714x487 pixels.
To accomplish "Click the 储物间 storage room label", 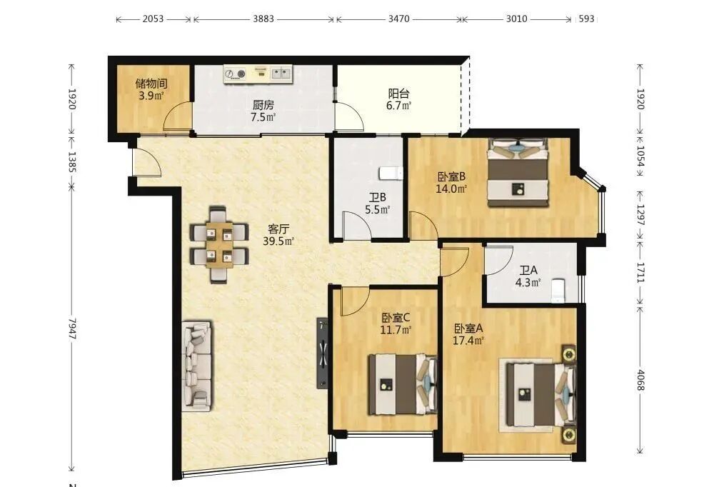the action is (x=151, y=84).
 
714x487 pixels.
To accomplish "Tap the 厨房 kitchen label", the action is (x=263, y=105).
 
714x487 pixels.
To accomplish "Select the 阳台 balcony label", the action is (x=399, y=94).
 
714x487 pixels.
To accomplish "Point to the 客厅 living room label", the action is (x=278, y=229).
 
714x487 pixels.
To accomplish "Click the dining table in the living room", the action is (x=219, y=244).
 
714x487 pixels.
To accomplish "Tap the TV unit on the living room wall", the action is (x=323, y=353).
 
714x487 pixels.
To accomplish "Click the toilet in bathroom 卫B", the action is (x=391, y=174).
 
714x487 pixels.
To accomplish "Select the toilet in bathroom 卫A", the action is (x=558, y=291).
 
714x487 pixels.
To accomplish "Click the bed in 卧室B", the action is (x=518, y=173).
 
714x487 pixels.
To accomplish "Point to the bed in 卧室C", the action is (x=403, y=384).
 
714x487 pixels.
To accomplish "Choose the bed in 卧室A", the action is (x=540, y=394).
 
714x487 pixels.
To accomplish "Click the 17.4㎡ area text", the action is (x=468, y=341).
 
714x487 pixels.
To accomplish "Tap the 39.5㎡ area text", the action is (x=278, y=241).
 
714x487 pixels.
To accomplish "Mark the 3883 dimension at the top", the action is (x=263, y=19).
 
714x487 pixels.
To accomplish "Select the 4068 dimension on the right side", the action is (x=640, y=380).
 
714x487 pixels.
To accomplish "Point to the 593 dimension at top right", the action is (x=586, y=19).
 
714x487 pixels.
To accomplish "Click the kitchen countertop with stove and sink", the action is (x=258, y=74).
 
